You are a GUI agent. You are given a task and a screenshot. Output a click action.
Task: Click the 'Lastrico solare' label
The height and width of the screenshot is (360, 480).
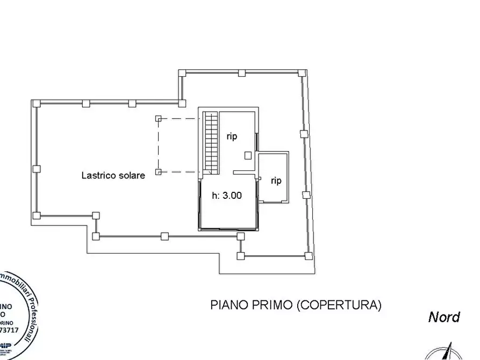[113, 175]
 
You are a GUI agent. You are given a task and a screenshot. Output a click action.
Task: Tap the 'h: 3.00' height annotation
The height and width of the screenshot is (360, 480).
[226, 196]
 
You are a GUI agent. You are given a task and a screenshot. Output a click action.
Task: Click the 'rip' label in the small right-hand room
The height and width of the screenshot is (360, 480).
[276, 181]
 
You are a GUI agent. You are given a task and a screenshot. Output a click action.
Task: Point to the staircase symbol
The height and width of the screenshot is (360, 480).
[210, 143]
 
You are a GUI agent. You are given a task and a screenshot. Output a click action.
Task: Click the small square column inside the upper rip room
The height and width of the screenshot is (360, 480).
[247, 155]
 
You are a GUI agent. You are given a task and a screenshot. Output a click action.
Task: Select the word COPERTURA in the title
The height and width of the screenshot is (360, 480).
[339, 305]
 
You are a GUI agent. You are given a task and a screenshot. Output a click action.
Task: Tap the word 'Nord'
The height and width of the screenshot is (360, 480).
[443, 317]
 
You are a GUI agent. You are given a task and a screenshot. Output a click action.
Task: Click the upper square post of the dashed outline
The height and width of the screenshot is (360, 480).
[159, 119]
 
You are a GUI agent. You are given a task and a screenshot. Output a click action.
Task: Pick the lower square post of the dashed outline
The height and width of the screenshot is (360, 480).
[159, 171]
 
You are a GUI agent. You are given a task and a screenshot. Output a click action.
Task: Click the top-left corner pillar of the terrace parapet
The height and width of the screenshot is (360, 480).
[35, 103]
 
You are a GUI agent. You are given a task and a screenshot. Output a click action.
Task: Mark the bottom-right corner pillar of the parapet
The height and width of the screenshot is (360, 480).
[309, 255]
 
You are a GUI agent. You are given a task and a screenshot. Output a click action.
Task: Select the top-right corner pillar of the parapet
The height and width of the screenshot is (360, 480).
[302, 73]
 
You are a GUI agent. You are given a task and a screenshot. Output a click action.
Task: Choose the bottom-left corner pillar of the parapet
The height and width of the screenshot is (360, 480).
[36, 216]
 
